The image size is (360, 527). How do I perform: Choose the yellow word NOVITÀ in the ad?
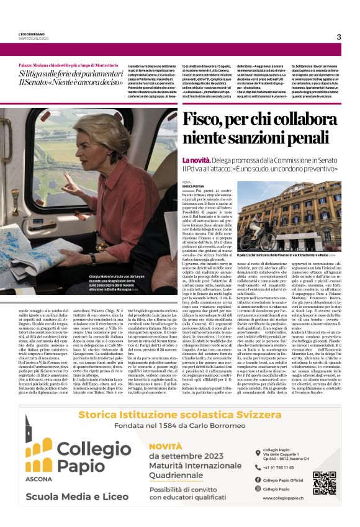coord(164,446)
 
